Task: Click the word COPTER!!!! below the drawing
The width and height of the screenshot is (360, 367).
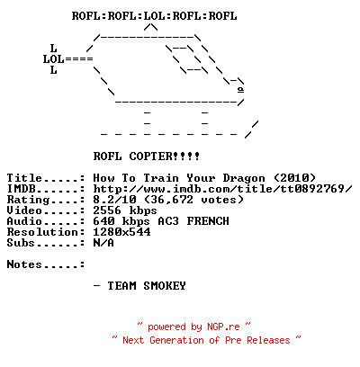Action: tap(165, 157)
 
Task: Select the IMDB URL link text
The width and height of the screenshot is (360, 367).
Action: tap(222, 189)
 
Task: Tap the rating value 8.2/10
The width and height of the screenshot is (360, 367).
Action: tap(114, 200)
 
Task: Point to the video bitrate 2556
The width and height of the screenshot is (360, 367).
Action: tap(107, 210)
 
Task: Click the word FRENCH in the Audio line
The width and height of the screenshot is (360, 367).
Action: tap(208, 221)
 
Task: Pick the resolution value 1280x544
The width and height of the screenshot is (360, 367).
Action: tap(121, 232)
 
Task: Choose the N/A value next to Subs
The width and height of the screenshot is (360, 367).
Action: tap(103, 243)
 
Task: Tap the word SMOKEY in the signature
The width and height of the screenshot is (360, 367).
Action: tap(165, 286)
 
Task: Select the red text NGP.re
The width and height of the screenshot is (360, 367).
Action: tap(223, 327)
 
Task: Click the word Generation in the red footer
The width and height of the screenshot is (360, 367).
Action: tap(177, 340)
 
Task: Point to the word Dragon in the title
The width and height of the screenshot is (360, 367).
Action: tap(244, 178)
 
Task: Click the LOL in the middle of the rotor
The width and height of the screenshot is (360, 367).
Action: tap(154, 16)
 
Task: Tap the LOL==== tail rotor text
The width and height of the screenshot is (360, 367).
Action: tap(68, 59)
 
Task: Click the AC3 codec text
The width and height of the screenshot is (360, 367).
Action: tap(168, 221)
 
